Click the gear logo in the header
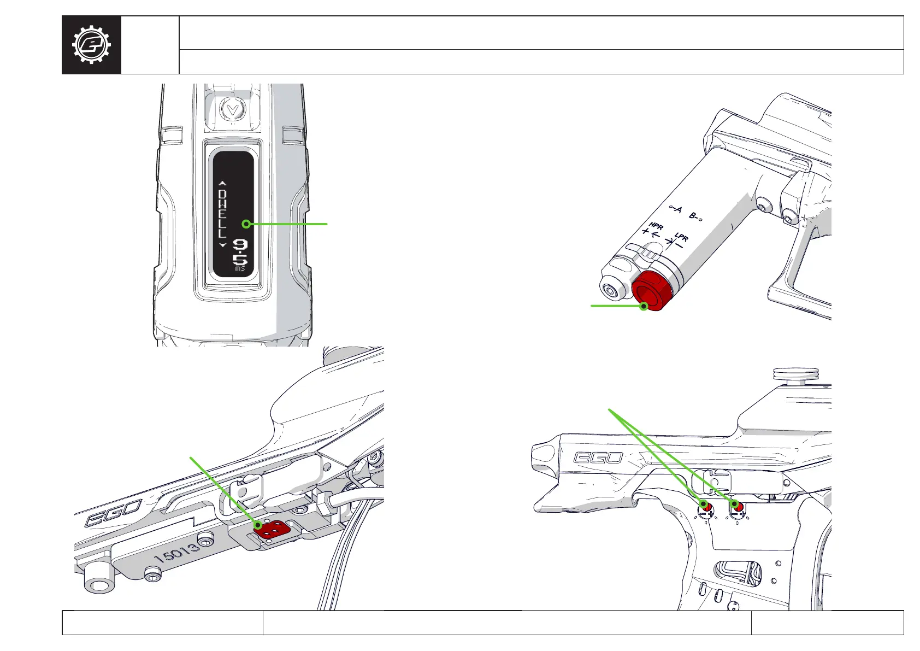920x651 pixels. click(91, 45)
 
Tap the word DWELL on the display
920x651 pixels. click(222, 214)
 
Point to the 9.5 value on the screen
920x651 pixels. click(240, 253)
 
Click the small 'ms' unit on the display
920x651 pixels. click(240, 269)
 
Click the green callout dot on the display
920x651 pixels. click(246, 224)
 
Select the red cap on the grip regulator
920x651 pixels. click(652, 291)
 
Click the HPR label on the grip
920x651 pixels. click(656, 226)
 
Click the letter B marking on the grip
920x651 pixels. click(693, 215)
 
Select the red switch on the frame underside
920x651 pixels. click(271, 529)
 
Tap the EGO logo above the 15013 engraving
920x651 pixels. click(113, 513)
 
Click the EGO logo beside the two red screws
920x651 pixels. click(598, 458)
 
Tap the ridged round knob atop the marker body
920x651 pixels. click(795, 374)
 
